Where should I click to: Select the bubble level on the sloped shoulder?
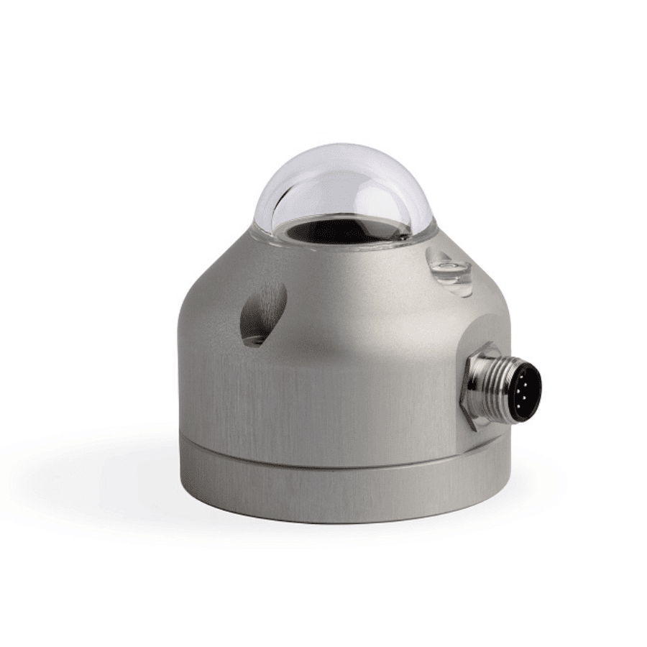click(x=450, y=272)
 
